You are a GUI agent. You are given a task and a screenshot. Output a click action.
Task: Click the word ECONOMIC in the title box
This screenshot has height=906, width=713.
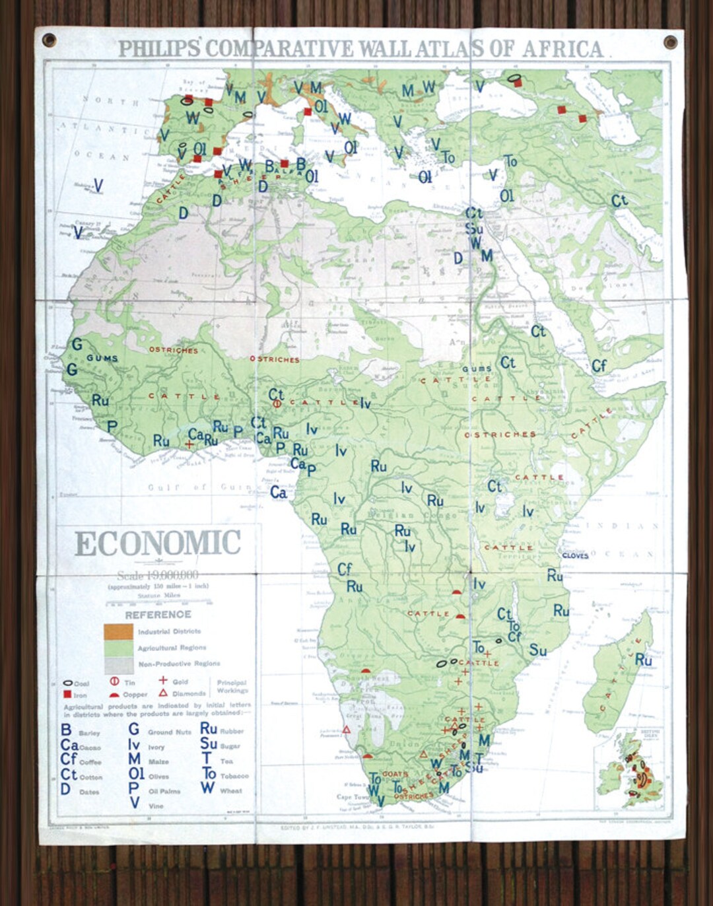(158, 543)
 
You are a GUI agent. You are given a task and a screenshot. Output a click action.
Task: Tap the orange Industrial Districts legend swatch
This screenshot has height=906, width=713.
(118, 632)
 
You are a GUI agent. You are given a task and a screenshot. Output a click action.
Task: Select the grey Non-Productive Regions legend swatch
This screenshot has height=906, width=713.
(118, 664)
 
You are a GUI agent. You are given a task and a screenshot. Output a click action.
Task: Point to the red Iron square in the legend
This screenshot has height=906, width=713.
(67, 695)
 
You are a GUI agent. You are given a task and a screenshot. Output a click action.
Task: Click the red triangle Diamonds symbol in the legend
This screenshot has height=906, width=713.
(163, 693)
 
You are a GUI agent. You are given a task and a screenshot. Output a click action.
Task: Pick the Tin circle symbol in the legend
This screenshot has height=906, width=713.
(114, 681)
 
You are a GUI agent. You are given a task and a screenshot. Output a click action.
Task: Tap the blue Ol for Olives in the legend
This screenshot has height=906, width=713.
(136, 773)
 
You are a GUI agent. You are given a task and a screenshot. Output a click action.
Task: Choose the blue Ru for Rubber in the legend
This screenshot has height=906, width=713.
(209, 728)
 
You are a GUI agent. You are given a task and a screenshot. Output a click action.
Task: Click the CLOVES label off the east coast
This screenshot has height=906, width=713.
(575, 555)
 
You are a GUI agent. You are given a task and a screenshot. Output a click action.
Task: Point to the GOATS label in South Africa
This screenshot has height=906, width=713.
(395, 773)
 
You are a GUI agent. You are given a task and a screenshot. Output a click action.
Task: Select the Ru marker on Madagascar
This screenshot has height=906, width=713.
(643, 660)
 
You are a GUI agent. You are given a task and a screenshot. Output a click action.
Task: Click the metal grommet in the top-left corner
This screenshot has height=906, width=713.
(49, 40)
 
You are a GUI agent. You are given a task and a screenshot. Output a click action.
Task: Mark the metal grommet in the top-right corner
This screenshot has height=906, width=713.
(670, 43)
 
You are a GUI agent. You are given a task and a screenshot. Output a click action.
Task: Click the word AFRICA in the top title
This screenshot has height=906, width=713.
(562, 49)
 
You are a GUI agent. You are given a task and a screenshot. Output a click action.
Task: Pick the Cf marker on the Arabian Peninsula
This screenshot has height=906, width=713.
(599, 366)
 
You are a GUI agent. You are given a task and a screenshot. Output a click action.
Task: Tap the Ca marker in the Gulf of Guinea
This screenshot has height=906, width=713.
(279, 493)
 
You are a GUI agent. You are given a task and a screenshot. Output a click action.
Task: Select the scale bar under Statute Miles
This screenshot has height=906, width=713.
(158, 602)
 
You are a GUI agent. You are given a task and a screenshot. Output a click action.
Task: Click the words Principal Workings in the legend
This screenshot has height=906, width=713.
(232, 686)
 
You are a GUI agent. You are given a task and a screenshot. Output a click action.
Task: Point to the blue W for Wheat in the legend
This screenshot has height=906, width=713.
(207, 787)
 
